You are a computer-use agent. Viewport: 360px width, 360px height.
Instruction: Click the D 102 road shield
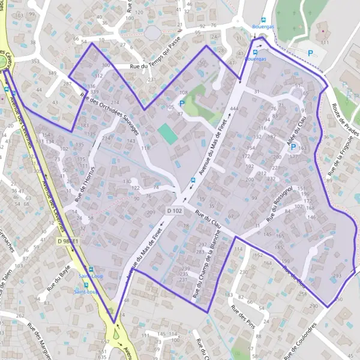pyautogui.click(x=174, y=211)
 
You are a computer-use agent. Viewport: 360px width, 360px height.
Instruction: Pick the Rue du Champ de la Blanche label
pyautogui.click(x=204, y=267)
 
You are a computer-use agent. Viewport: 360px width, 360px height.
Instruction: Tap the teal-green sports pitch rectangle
pyautogui.click(x=169, y=134)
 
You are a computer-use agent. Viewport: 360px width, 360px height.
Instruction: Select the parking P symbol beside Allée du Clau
pyautogui.click(x=293, y=147)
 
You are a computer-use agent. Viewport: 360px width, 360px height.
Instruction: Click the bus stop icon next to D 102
pyautogui.click(x=193, y=179)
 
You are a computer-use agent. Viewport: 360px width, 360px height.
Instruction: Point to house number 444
pyautogui.click(x=234, y=108)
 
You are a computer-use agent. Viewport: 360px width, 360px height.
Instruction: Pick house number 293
pyautogui.click(x=337, y=276)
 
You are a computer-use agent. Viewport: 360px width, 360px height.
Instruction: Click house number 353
pyautogui.click(x=35, y=61)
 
